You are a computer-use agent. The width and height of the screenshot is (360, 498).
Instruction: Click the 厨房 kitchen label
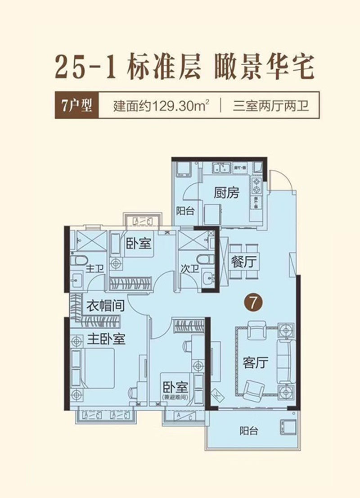pyautogui.click(x=226, y=194)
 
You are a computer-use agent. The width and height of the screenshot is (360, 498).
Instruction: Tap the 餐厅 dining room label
pyautogui.click(x=243, y=262)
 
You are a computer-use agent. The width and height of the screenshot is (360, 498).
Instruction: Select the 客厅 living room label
pyautogui.click(x=255, y=362)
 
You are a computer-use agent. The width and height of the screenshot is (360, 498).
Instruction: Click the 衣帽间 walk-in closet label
pyautogui.click(x=105, y=307)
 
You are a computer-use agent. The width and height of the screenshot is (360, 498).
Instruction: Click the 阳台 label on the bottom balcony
pyautogui.click(x=249, y=431)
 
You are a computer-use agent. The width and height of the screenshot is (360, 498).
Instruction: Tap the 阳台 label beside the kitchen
pyautogui.click(x=184, y=210)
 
